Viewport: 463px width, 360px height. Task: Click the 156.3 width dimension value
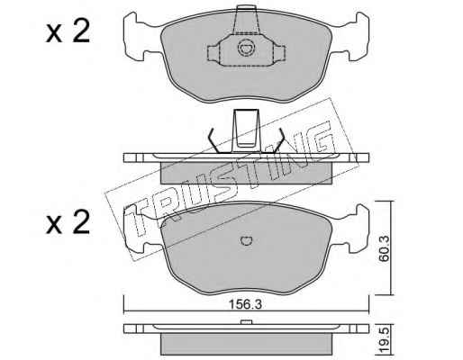245,304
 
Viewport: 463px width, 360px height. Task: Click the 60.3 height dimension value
384,248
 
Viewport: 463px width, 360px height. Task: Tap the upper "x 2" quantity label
68,31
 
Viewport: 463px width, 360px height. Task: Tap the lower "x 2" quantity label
68,222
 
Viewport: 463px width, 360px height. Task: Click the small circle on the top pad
246,48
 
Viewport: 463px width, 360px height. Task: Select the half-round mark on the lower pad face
247,240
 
